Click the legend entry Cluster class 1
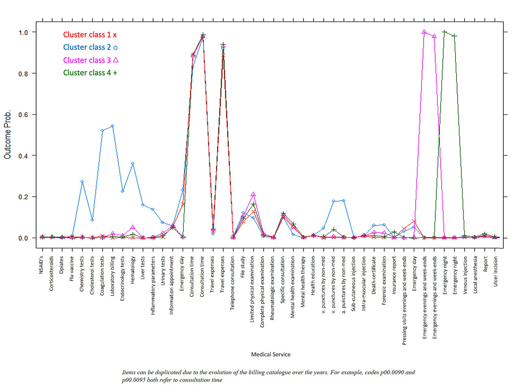coord(90,35)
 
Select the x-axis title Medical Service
coord(271,354)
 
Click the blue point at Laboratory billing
coord(112,126)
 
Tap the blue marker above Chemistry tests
coord(82,181)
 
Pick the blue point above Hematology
coord(133,164)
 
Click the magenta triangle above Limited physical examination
coord(254,194)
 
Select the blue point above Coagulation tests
coord(102,131)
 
